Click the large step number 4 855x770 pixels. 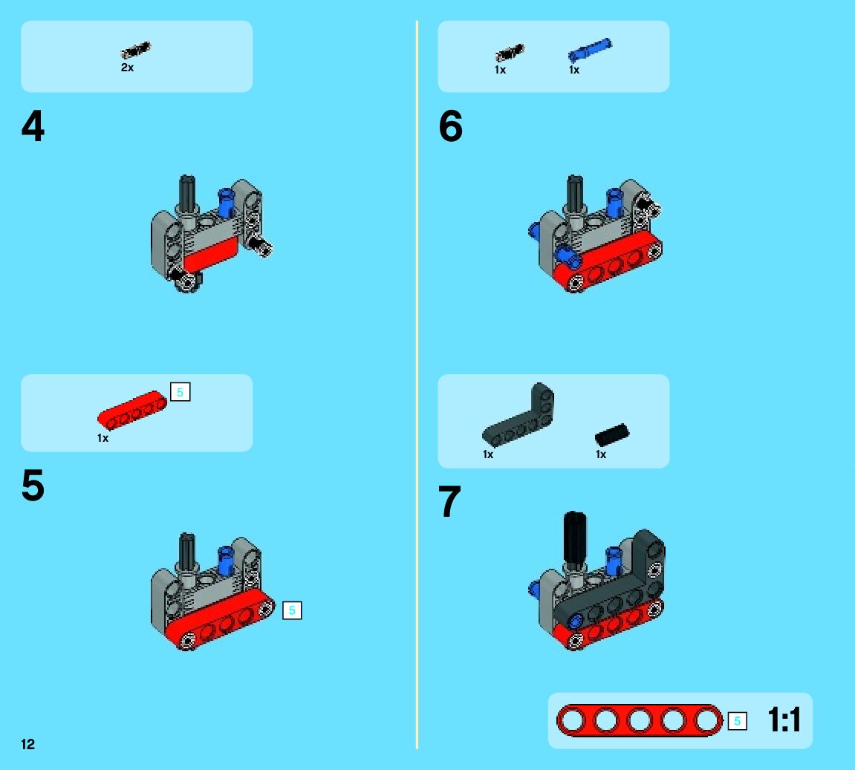point(33,126)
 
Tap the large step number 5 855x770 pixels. point(33,485)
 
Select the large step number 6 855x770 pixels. point(450,126)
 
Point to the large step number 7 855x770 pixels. point(449,501)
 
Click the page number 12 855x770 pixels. point(27,745)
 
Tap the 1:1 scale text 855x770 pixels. point(784,720)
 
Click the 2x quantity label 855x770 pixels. point(127,68)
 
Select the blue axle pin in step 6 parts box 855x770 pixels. point(590,50)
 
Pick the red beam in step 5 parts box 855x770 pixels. point(132,410)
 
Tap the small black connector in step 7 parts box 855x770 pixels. point(612,435)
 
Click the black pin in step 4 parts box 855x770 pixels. point(135,50)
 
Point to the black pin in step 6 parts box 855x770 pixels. point(510,53)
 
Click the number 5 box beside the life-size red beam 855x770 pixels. point(737,721)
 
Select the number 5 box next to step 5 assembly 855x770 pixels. point(292,610)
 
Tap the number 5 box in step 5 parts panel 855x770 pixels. point(180,392)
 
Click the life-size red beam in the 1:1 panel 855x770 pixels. point(639,720)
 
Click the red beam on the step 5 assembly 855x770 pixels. point(221,619)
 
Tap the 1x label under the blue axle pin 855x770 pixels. point(574,70)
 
